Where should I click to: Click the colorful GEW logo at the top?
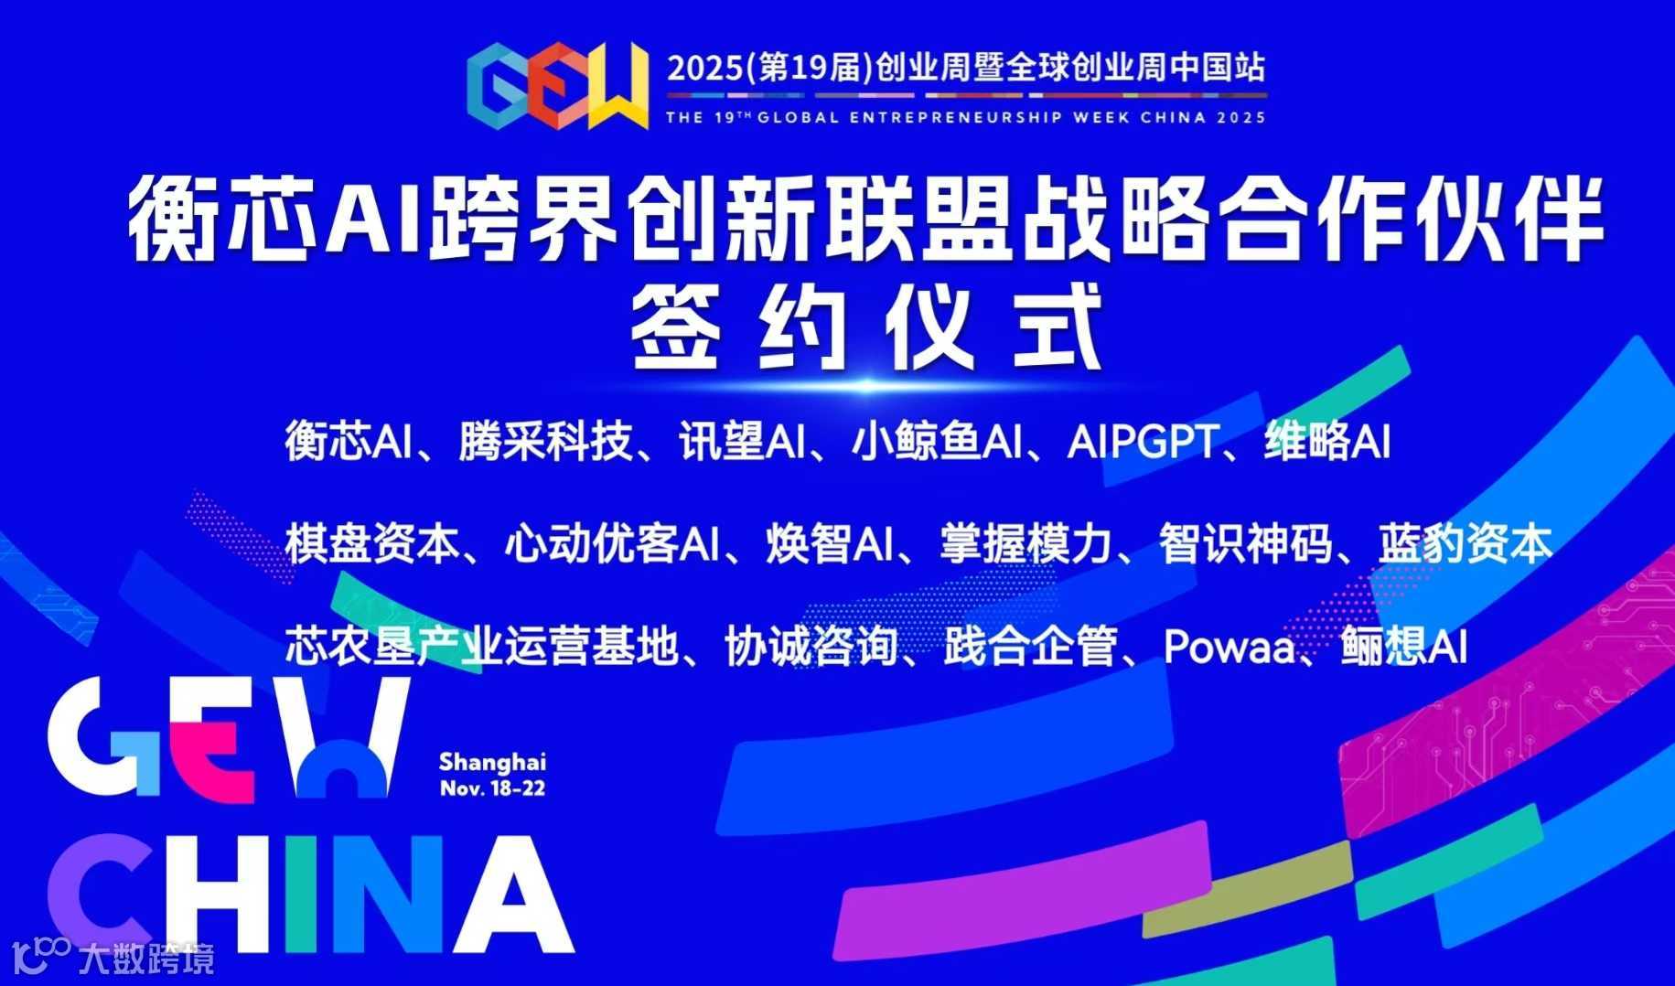556,86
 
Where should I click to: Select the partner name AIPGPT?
1142,442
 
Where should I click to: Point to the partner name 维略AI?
1326,442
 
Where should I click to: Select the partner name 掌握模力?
1025,544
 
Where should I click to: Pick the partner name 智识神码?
1245,544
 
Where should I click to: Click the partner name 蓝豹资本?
1465,544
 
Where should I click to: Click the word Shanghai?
492,762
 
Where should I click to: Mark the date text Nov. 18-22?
492,788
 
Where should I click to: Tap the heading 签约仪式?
866,327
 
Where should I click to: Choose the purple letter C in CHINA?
105,892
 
